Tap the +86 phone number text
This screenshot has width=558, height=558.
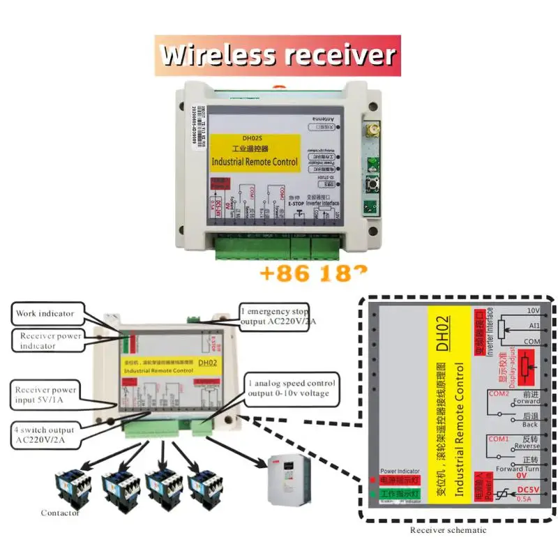[312, 271]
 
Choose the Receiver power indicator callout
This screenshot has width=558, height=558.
[50, 340]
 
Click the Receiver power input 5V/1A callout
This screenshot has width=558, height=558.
[46, 395]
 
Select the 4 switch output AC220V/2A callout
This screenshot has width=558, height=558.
[46, 435]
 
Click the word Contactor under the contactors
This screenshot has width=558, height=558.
[60, 513]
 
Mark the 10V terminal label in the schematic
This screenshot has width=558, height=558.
[533, 310]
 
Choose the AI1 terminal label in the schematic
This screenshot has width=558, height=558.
[533, 325]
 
